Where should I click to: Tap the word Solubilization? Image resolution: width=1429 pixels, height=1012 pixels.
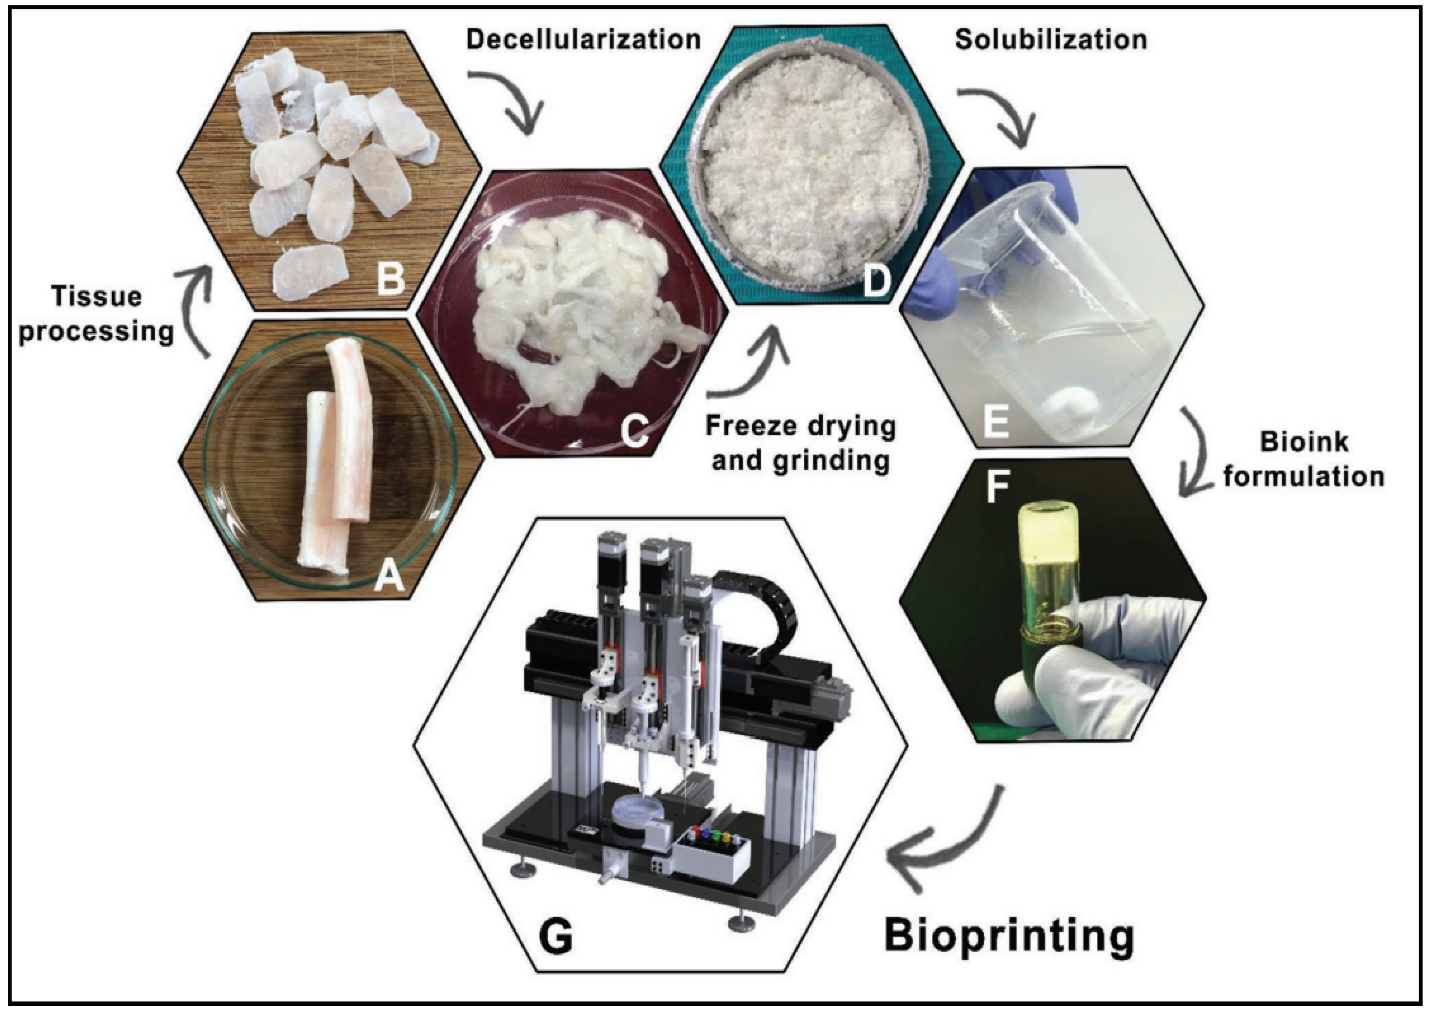[1051, 40]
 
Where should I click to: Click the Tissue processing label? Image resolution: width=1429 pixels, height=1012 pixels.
[96, 313]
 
